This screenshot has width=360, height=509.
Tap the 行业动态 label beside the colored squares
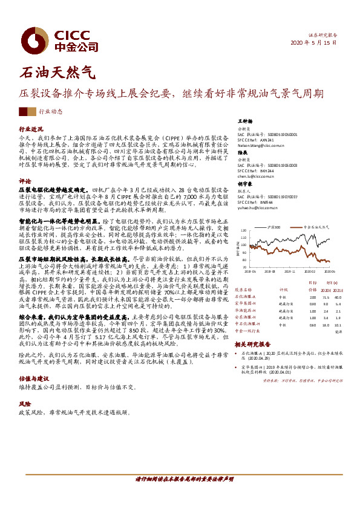[50, 112]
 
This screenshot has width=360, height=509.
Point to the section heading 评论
[25, 181]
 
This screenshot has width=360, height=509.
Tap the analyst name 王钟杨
[244, 122]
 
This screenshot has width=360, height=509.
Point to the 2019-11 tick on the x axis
[290, 271]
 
